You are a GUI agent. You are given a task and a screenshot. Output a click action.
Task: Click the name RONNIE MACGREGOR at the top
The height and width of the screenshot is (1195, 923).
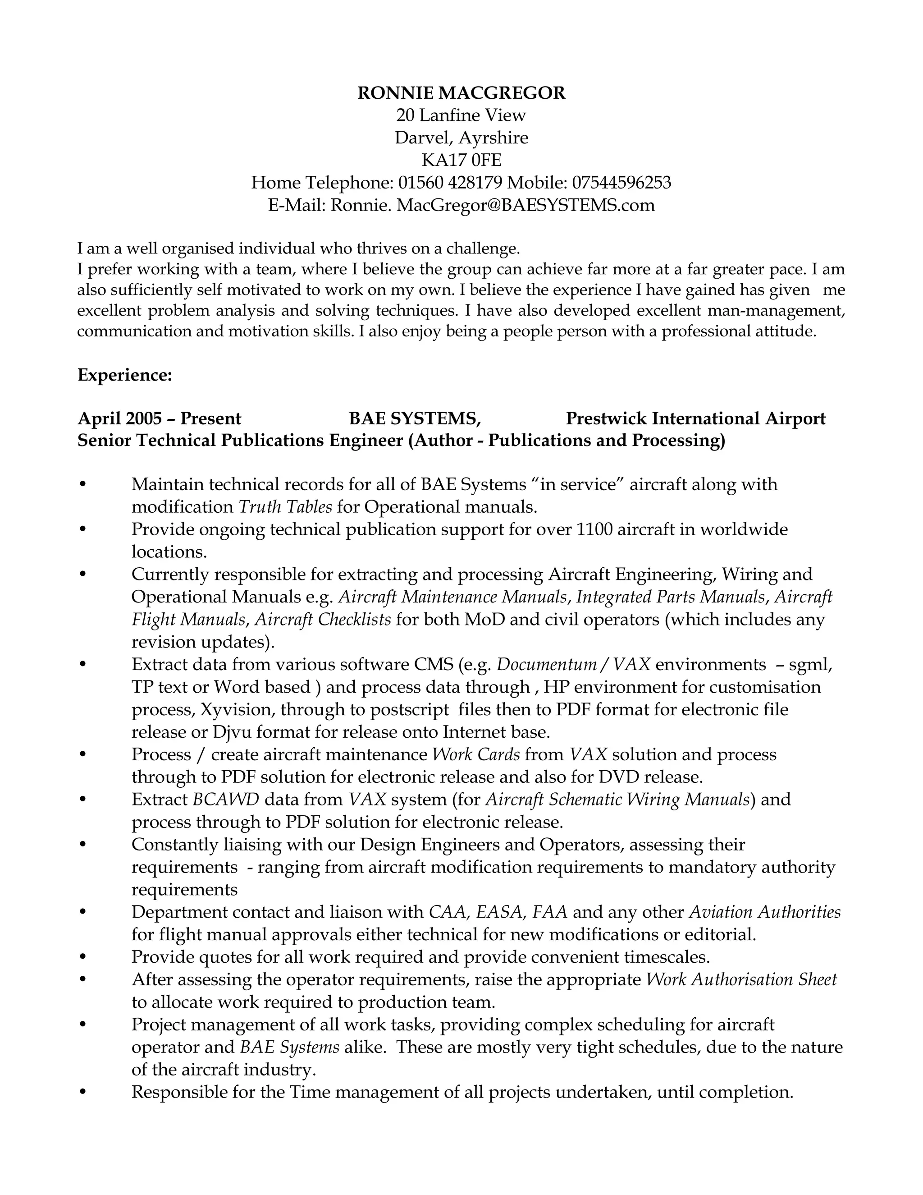coord(461,93)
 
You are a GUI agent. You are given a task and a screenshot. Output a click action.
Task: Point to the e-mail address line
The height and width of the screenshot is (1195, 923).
coord(461,205)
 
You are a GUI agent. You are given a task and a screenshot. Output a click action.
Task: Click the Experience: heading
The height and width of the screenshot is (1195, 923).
coord(125,375)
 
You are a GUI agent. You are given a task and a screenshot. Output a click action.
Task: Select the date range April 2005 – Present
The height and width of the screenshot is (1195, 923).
coord(159,418)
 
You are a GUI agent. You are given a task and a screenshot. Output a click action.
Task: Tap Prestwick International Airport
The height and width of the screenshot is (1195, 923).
coord(695,418)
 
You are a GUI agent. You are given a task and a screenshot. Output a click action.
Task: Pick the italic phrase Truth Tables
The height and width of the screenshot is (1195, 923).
coord(285,507)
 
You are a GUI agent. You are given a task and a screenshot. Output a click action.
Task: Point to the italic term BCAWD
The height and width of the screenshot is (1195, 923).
coord(225,800)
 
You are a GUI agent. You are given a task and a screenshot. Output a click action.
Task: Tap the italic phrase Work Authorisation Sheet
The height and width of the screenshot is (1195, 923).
coord(741,979)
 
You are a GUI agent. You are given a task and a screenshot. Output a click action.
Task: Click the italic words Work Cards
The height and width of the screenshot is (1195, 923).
coord(476,754)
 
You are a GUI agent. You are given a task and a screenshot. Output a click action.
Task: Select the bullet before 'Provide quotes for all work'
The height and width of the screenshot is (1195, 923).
coord(83,957)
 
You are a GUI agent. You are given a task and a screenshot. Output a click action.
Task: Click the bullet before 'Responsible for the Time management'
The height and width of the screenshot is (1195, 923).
coord(83,1092)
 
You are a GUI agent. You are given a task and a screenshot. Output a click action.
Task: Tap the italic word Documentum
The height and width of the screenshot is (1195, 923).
coord(546,664)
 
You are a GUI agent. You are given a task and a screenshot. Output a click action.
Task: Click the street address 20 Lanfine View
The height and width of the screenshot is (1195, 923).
coord(461,115)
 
